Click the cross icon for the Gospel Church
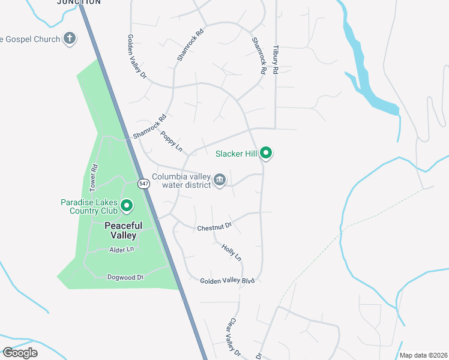coord(70,39)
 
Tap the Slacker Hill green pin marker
coord(266,154)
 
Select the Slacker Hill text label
coord(236,154)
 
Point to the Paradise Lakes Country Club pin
coord(127,206)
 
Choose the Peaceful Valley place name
coord(124,230)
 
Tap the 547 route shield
coord(143,184)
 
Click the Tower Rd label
coord(94,178)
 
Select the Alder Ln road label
coord(121,249)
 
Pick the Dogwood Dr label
coord(125,277)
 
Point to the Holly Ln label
coord(231,252)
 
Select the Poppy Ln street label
coord(171,142)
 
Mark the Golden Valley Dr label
coord(136,56)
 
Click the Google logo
coord(20,353)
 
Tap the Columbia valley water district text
coord(181,181)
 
